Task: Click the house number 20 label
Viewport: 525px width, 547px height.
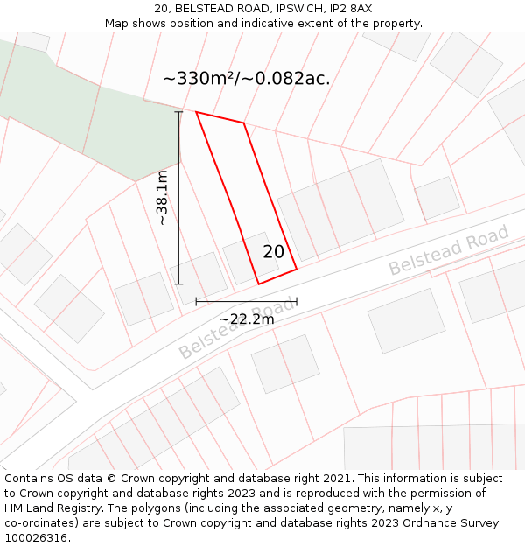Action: click(x=274, y=252)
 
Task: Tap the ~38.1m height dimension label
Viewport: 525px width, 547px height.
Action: click(x=163, y=199)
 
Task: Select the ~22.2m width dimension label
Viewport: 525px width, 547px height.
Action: click(x=246, y=319)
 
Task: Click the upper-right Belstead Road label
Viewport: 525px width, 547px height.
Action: click(x=448, y=250)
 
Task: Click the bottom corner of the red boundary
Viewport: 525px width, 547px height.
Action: click(x=259, y=284)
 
